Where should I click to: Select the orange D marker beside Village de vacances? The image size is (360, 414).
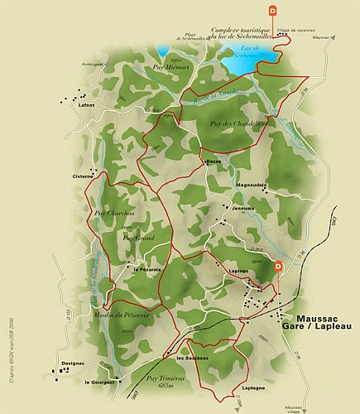274,12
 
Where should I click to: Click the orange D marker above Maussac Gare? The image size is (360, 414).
279,267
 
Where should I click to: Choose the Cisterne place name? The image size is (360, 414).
84,176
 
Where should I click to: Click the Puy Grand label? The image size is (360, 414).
138,238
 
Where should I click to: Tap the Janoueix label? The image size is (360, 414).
242,209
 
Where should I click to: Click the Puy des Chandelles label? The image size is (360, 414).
227,124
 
